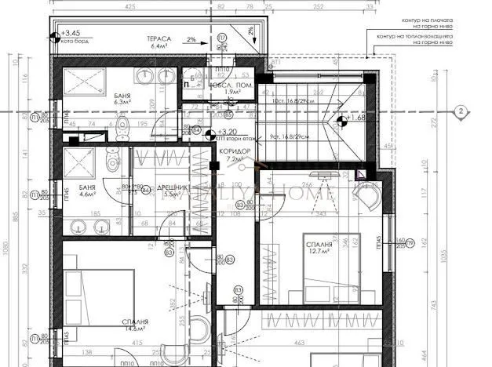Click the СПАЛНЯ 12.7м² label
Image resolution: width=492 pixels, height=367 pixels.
pos(319,249)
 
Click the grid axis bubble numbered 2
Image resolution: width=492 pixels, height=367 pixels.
pos(460,112)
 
